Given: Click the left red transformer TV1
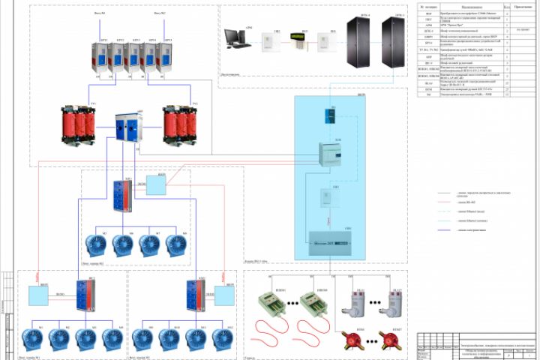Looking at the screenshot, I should pos(82,122).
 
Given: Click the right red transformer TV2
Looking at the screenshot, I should pos(180,122).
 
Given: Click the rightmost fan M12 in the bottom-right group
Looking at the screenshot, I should pos(223,339).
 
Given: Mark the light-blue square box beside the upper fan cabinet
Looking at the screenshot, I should pos(157,186).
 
